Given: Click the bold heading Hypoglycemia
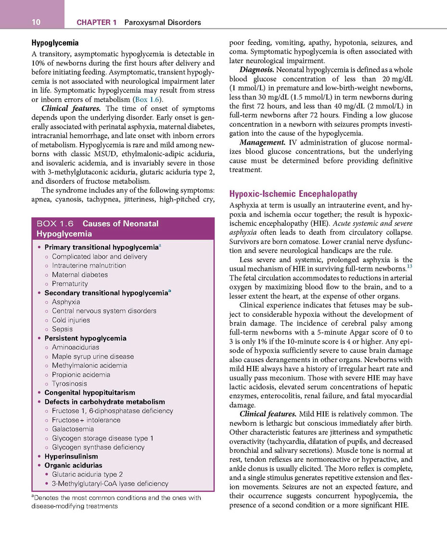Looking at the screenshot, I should (55, 43).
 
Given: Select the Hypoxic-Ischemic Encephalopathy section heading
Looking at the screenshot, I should (293, 194).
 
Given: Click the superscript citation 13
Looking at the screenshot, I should (409, 267).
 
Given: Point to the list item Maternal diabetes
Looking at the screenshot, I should (79, 274).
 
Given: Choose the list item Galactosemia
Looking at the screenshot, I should (73, 429).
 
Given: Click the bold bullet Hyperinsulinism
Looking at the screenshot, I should (71, 456).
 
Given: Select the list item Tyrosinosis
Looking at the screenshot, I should (69, 383).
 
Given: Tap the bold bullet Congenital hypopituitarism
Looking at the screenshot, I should (89, 392).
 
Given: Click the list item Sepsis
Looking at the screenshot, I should (62, 329).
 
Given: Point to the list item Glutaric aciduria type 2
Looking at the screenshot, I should (87, 474).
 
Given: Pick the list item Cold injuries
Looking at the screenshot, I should (71, 320).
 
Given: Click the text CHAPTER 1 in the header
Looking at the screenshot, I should (96, 22).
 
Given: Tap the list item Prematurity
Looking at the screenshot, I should (70, 283).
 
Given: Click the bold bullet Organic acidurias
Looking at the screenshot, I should (73, 465).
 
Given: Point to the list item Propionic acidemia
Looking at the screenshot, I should (81, 374).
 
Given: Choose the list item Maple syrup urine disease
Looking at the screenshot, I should (93, 356).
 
